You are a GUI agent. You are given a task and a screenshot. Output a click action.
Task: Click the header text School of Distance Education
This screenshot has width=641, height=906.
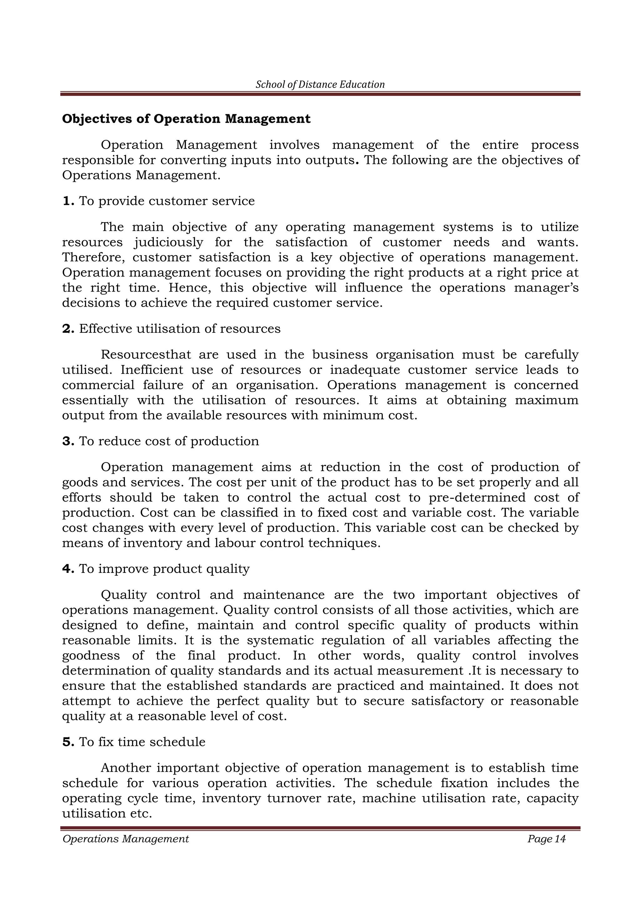pos(320,84)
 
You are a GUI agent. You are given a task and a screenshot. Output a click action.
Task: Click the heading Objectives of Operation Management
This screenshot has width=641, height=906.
pos(186,119)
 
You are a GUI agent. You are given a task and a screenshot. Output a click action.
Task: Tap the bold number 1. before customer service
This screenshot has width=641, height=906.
pos(68,201)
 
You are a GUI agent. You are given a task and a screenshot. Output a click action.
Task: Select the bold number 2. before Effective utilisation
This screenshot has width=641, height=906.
pos(68,329)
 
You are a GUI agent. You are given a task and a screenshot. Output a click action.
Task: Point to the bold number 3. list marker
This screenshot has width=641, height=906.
pos(68,441)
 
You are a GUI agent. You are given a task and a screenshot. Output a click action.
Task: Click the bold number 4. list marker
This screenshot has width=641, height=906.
pos(68,569)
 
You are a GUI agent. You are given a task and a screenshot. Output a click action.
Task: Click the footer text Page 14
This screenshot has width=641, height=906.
pos(546,839)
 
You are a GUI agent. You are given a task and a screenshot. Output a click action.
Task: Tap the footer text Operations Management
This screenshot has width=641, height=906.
pos(126,839)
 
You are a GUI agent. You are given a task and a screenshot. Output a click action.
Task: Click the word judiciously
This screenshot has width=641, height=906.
pos(168,242)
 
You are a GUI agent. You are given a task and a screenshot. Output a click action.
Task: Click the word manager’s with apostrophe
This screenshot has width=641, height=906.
pos(546,288)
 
